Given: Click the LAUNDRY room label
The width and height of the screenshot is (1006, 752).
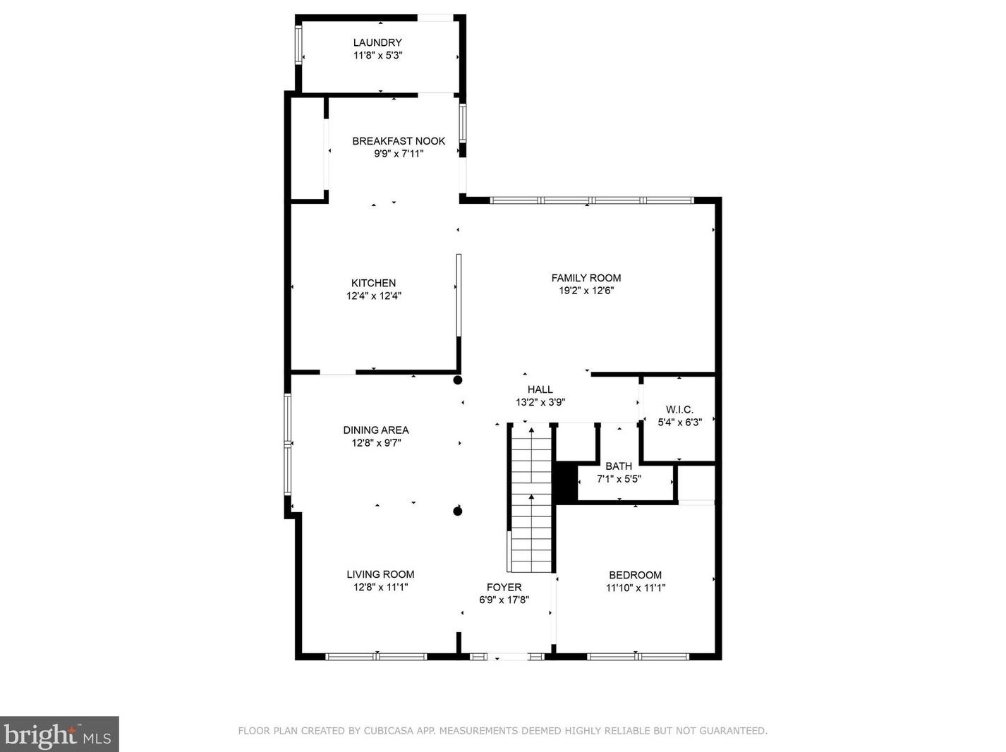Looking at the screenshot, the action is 377,42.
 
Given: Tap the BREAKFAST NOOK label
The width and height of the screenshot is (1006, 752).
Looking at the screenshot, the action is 399,141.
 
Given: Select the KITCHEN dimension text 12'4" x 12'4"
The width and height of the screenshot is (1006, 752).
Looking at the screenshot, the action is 373,296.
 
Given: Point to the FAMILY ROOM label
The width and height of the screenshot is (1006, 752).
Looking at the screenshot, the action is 586,278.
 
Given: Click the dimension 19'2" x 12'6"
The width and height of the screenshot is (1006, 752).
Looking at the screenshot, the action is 586,291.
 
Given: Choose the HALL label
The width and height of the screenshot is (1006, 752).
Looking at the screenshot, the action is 540,389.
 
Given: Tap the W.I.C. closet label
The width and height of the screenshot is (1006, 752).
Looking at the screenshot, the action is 679,410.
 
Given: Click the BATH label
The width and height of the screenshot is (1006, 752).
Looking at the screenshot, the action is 618,466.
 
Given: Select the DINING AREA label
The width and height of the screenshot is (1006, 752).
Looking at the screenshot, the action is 376,430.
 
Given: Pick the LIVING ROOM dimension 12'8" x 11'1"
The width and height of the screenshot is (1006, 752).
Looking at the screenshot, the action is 380,587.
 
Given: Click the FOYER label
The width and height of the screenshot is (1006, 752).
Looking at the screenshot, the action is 504,587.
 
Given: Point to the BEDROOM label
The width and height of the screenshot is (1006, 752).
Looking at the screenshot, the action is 635,575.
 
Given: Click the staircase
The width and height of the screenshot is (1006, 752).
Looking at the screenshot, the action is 531,499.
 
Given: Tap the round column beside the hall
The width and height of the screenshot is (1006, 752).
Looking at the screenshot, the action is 457,380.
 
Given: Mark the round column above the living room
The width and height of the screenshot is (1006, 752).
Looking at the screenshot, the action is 457,511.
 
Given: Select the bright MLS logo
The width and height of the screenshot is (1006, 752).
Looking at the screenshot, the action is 59,734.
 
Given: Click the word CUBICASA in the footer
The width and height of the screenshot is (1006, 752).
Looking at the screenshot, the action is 384,730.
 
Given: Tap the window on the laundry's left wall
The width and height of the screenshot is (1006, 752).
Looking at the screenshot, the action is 298,44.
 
